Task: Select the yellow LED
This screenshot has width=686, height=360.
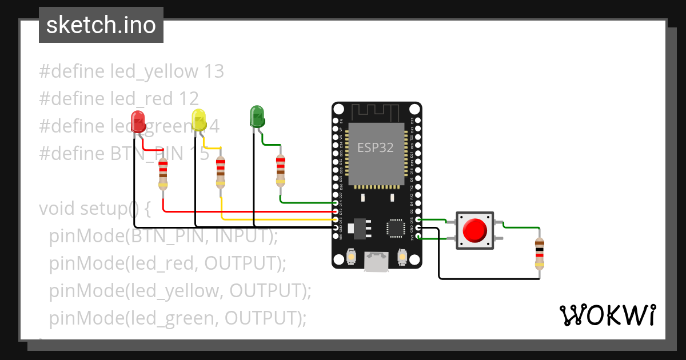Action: point(199,120)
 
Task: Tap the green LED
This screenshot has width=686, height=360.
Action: point(257,116)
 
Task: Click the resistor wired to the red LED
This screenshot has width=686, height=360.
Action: point(163,174)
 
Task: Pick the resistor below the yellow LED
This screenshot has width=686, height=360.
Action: point(221,173)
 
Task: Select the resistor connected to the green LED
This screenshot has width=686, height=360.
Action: point(280,170)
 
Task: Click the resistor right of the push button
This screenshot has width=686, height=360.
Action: point(539,253)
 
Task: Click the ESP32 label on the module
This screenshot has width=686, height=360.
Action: point(376,147)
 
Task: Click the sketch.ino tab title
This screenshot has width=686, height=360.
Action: point(101,25)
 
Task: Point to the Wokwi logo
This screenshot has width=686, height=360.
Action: point(607,315)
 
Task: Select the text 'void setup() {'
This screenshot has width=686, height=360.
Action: point(94,209)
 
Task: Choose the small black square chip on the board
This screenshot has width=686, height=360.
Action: point(396,227)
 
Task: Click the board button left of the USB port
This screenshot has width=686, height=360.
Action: point(350,258)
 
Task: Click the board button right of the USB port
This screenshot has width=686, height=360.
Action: point(402,258)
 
